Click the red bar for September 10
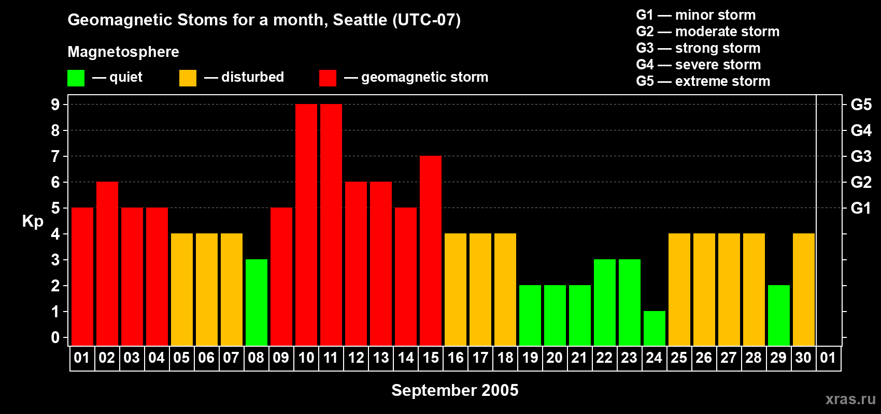(x=306, y=225)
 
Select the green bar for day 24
(x=655, y=329)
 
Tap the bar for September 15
(x=431, y=250)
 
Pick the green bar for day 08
(x=257, y=302)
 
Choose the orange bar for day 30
(x=803, y=289)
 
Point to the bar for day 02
(x=107, y=263)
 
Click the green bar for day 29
(x=779, y=315)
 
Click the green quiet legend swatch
(x=76, y=78)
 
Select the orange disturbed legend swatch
(x=188, y=78)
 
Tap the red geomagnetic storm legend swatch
(x=328, y=78)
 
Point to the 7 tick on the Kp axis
(x=55, y=156)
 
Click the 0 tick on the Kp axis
(x=55, y=337)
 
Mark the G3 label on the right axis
(x=861, y=156)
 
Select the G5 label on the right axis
(x=861, y=105)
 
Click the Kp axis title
(x=33, y=221)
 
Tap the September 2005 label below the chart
(x=455, y=390)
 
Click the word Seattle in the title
(x=360, y=20)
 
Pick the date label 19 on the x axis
(x=530, y=358)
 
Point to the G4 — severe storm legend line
(x=698, y=64)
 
